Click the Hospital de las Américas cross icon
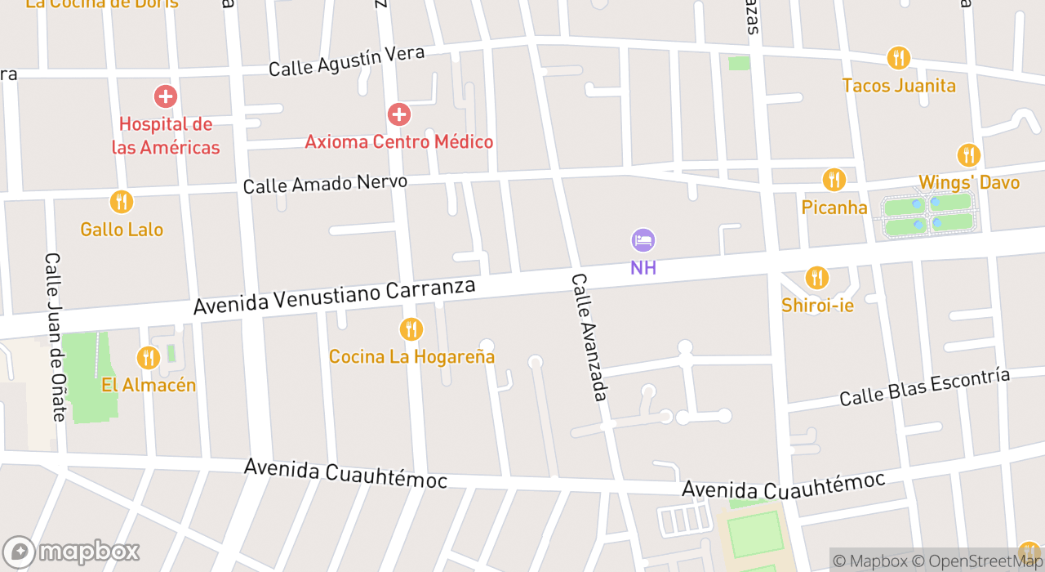165,96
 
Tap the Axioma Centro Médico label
399,141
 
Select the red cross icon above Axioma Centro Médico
399,114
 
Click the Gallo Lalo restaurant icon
121,202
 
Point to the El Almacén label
149,385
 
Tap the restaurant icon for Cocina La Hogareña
411,329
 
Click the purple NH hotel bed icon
643,240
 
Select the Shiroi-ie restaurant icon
817,279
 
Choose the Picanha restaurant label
834,208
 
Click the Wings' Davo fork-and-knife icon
969,155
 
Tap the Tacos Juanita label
899,85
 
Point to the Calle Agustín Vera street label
347,61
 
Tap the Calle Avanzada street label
589,337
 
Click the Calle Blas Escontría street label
925,387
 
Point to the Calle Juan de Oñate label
55,337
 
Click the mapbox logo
72,552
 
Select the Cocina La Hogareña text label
411,357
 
